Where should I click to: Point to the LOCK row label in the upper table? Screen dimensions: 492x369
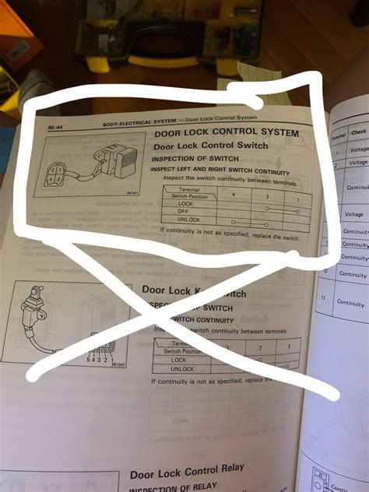pos(184,202)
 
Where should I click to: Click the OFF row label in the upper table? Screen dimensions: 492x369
pos(184,210)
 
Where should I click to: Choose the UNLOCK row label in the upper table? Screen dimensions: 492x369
pos(186,219)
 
